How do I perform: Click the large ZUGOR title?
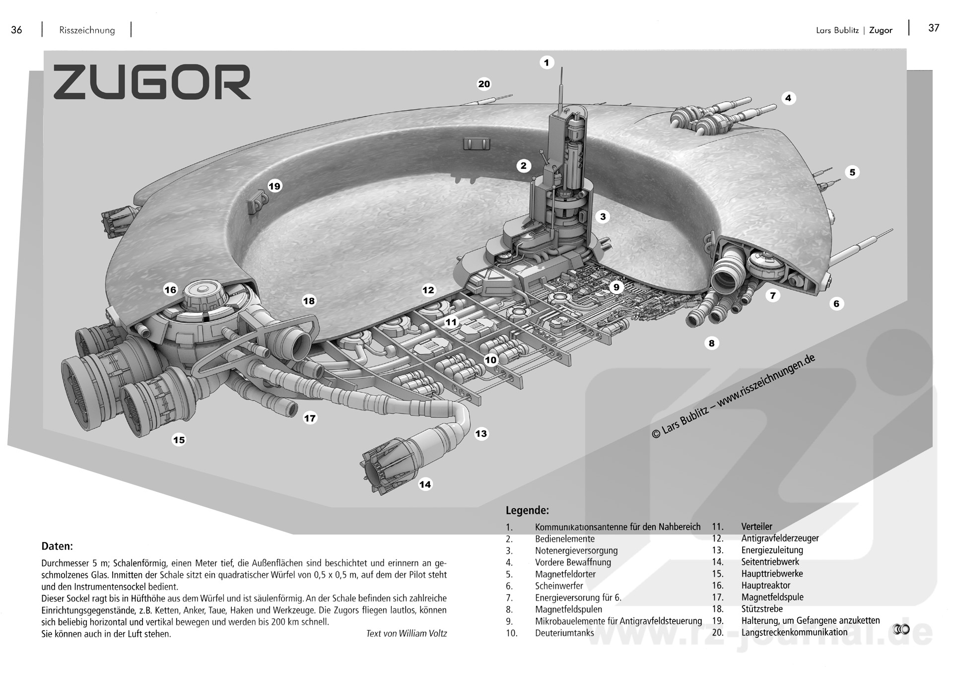coord(152,82)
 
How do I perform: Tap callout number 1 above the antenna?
coord(546,63)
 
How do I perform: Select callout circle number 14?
coord(425,484)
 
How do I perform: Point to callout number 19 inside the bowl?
coord(274,186)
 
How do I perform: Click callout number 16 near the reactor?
coord(170,290)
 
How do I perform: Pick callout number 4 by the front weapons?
coord(788,98)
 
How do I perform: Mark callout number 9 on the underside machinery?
coord(616,287)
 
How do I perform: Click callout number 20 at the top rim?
coord(484,84)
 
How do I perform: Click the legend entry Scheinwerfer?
coord(559,586)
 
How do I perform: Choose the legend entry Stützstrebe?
coord(762,608)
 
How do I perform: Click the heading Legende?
coord(527,510)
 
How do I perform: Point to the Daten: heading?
coord(57,546)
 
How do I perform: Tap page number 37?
coord(934,28)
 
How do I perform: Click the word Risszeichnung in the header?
coord(87,30)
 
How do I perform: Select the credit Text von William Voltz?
coord(407,633)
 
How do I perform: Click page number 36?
coord(16,30)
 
